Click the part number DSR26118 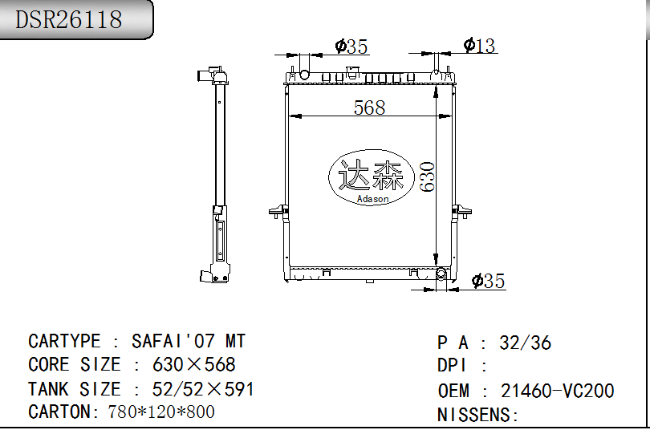click(69, 19)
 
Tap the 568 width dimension click(369, 107)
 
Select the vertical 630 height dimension click(427, 176)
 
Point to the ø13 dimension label click(480, 46)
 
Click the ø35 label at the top click(351, 47)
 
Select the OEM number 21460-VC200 click(557, 391)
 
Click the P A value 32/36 click(525, 343)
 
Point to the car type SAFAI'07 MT click(189, 341)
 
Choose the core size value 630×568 click(194, 365)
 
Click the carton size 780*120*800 click(161, 412)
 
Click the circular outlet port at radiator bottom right click(441, 274)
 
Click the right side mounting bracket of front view click(462, 213)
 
